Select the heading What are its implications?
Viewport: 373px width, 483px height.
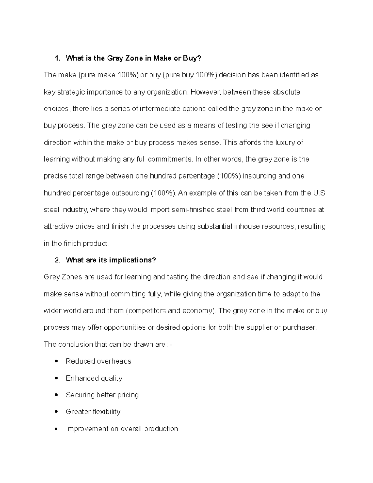coord(111,260)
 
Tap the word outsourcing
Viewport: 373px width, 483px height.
coord(130,193)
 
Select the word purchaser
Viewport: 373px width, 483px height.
coord(300,327)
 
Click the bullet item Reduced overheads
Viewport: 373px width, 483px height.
coord(98,361)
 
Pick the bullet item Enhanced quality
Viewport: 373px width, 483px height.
coord(94,378)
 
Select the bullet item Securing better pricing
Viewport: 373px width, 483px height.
coord(102,395)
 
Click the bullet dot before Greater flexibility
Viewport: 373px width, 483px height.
coord(56,412)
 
